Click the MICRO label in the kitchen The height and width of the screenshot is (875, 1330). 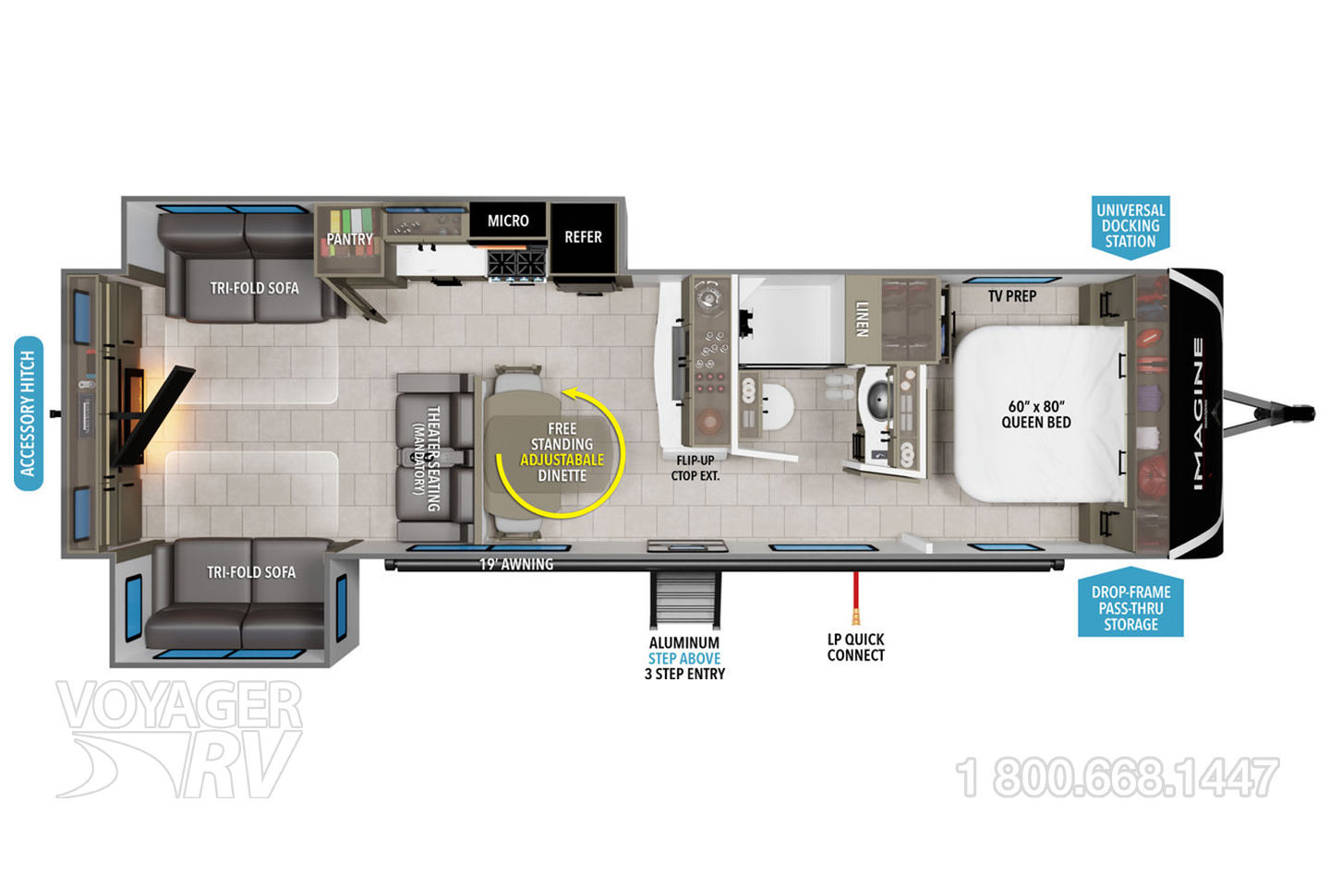508,221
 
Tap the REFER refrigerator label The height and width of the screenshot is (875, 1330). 583,236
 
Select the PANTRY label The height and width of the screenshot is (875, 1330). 350,238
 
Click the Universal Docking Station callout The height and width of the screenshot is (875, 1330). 1130,226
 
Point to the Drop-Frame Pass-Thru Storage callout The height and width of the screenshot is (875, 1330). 1130,607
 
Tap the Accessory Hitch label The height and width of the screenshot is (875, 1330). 29,414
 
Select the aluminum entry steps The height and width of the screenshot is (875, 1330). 685,600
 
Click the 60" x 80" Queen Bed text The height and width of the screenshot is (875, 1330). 1036,414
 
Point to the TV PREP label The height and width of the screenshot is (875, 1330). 1012,296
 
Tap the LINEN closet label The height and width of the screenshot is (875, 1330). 862,318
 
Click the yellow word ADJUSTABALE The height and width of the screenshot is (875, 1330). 562,460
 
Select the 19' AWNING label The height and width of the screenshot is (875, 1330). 516,564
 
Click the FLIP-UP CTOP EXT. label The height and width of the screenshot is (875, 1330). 695,467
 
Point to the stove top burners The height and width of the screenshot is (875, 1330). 516,265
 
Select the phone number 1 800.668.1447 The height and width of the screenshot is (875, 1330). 1117,778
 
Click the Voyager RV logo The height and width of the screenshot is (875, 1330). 179,738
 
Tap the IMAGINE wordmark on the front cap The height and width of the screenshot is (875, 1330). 1198,414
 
